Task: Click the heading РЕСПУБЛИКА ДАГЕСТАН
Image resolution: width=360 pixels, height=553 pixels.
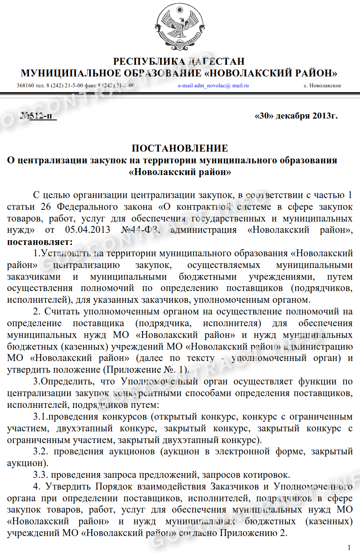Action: tap(179, 61)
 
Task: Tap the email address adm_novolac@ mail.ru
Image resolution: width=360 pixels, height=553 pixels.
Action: tap(213, 86)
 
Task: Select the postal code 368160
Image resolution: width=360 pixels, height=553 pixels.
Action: tap(24, 86)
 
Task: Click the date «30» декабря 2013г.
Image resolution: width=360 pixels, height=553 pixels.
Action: tap(296, 116)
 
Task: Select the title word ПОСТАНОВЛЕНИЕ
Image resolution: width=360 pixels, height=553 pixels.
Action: tap(180, 149)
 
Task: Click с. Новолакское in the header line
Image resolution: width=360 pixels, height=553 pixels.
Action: tap(322, 86)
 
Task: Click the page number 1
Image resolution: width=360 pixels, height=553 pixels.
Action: tap(349, 546)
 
